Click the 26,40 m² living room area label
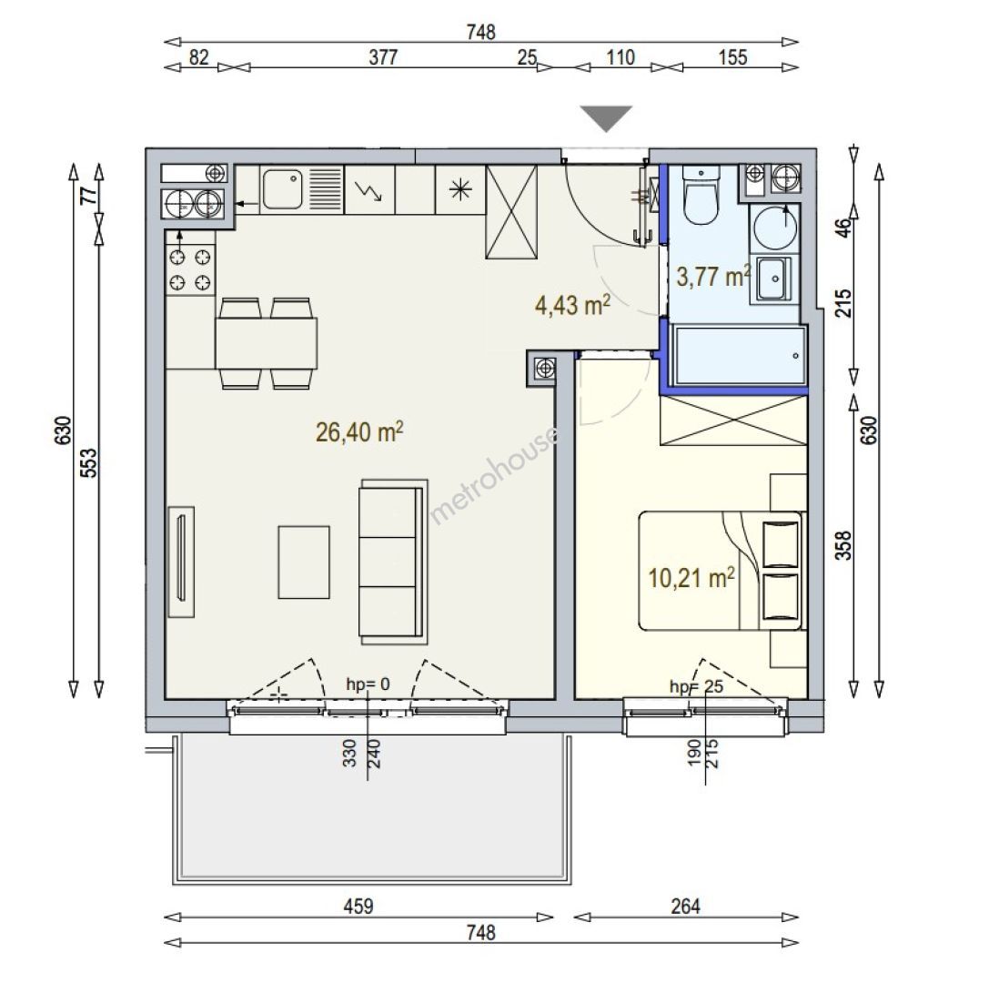tap(359, 432)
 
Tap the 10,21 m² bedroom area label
tap(691, 578)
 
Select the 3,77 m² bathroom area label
tap(713, 277)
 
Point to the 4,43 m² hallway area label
tap(573, 305)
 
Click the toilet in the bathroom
tap(701, 195)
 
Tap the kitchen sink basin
tap(282, 188)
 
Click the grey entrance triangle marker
tap(606, 118)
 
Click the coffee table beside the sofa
tap(304, 562)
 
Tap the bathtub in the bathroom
tap(740, 356)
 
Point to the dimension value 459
tap(358, 906)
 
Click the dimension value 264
tap(685, 906)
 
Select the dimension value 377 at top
tap(384, 57)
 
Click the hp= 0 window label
tap(368, 684)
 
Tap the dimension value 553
tap(90, 462)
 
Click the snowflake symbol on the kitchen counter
tap(460, 189)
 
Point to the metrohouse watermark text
tap(494, 475)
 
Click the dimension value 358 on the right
tap(843, 546)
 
